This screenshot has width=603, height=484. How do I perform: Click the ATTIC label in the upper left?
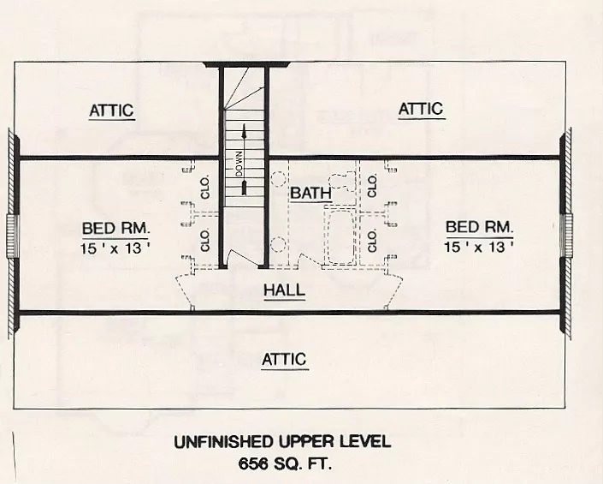tap(112, 111)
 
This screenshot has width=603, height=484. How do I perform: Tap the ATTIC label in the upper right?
tap(421, 109)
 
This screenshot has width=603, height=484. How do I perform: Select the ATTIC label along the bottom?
tap(284, 359)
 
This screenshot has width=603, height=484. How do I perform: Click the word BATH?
tap(310, 194)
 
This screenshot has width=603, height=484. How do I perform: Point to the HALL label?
tap(284, 290)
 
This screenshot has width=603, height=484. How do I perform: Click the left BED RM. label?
tap(116, 229)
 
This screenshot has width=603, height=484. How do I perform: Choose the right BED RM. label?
tap(479, 227)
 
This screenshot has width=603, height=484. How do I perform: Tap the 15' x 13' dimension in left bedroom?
tap(116, 248)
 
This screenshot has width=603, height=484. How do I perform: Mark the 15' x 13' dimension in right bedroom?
tap(479, 246)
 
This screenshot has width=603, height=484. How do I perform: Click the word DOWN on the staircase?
tap(241, 164)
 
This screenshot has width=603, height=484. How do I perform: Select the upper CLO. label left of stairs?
tap(205, 188)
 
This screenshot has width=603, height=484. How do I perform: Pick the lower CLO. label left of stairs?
tap(205, 240)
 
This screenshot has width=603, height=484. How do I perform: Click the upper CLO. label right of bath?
tap(373, 183)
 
